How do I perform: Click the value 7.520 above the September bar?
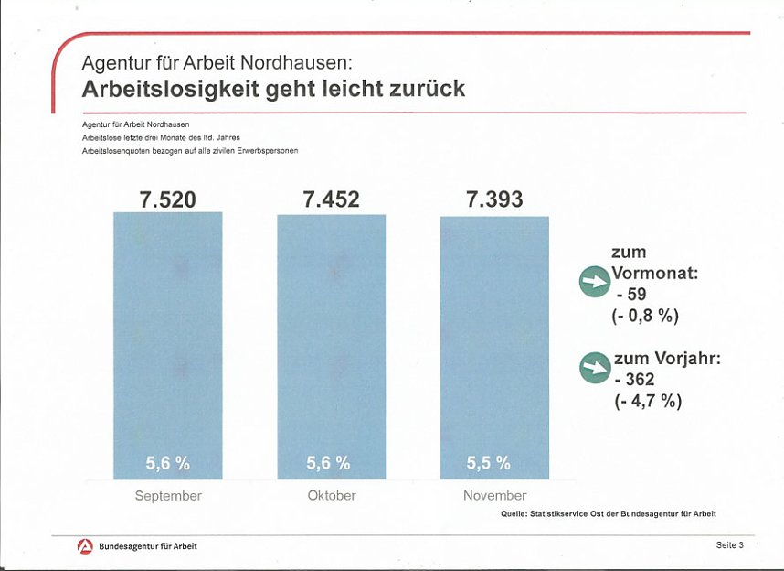coord(167,199)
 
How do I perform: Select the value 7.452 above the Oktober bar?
coord(331,199)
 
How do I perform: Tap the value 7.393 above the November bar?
coord(494,199)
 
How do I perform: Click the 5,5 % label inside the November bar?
coord(489,464)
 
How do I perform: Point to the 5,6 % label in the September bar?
coord(168,464)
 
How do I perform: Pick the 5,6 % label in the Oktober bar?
coord(329,464)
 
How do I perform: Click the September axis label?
coord(168,496)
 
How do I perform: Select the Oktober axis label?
coord(332,496)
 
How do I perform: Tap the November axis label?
coord(494,496)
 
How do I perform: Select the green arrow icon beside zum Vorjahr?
coord(594,368)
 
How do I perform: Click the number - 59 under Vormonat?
coord(631,295)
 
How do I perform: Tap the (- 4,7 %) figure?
coord(648,401)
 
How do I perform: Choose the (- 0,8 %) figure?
coord(646,316)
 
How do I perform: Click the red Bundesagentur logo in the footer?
coord(85,546)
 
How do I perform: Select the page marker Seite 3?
coord(729,545)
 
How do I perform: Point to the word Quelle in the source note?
coord(514,515)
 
